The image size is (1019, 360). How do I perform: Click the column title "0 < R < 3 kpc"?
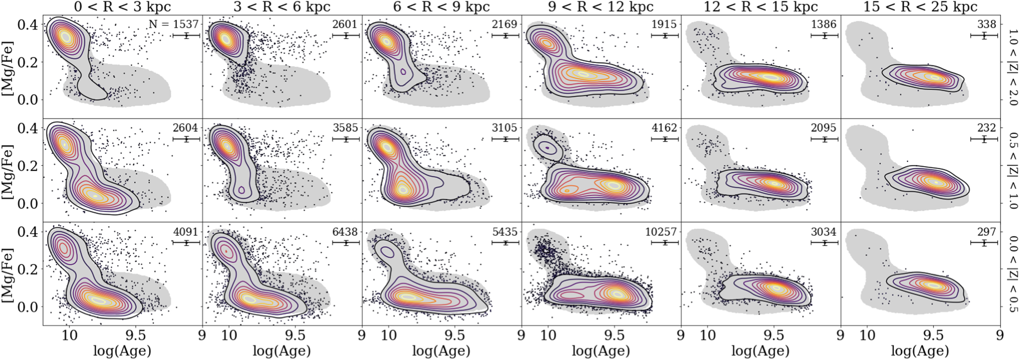pos(123,7)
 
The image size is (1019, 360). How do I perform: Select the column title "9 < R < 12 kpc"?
pos(601,7)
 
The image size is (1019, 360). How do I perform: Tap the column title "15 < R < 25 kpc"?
pos(920,7)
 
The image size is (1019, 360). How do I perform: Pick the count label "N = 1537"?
pos(173,24)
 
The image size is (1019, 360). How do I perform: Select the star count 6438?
pos(345,232)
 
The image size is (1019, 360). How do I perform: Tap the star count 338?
pos(986,24)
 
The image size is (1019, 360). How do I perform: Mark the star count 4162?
pos(664,128)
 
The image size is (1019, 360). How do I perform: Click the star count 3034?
pos(824,232)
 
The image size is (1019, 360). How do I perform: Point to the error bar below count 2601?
pos(346,36)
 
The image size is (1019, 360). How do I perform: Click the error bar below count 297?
pos(984,243)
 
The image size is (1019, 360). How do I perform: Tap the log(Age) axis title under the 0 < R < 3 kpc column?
pos(123,351)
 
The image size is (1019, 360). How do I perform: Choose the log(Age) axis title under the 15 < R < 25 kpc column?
pos(920,351)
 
